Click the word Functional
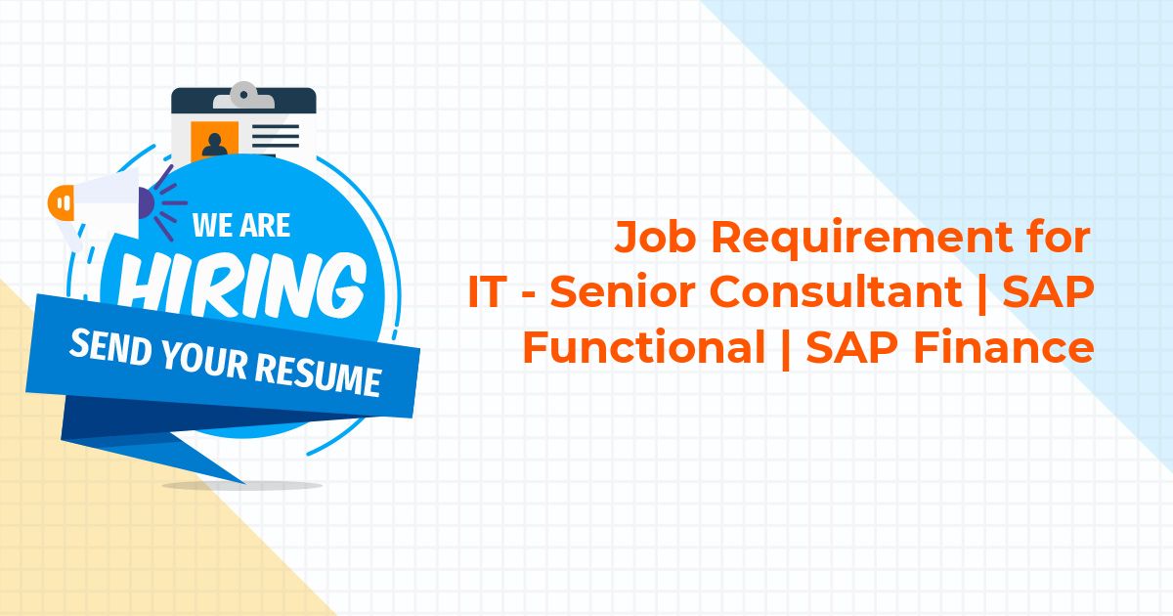click(644, 347)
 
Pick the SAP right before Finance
click(852, 347)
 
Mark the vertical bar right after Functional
click(785, 349)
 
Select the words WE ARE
click(241, 225)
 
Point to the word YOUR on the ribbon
click(203, 360)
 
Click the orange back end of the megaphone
click(61, 202)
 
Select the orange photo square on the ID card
click(215, 140)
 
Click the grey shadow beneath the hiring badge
click(241, 486)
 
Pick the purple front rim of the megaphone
click(146, 203)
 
